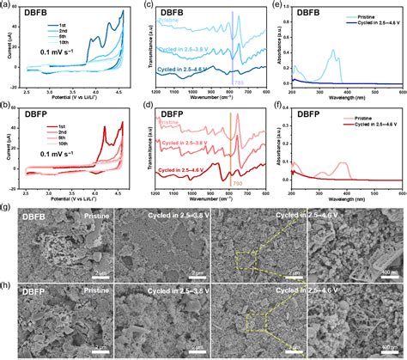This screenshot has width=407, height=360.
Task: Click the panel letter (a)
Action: pos(6,6)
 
